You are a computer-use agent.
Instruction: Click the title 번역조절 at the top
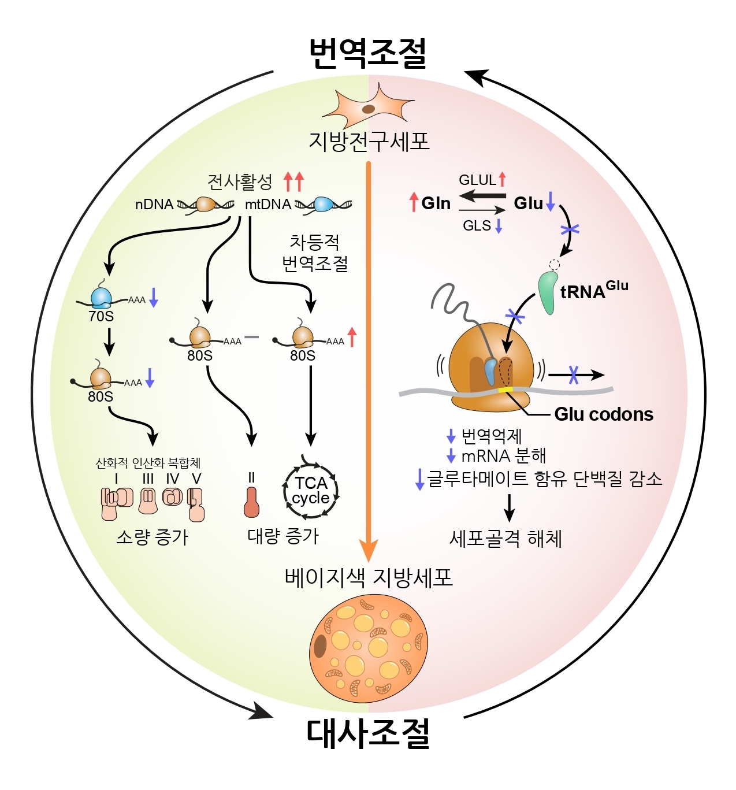(368, 53)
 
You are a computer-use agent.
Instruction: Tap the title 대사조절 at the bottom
(368, 733)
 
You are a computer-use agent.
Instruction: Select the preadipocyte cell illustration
(369, 107)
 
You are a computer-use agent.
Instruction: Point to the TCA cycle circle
(311, 490)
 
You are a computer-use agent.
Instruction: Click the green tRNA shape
(547, 293)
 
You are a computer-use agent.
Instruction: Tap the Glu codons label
(603, 414)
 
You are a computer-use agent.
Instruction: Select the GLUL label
(477, 180)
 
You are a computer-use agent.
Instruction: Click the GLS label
(477, 226)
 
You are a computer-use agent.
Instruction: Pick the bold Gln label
(436, 203)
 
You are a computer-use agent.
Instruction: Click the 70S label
(101, 317)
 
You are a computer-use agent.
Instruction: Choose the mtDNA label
(268, 205)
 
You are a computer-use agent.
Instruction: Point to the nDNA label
(154, 205)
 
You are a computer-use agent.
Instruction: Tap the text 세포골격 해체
(505, 539)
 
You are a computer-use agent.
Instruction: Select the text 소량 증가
(153, 537)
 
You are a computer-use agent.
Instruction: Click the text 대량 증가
(283, 536)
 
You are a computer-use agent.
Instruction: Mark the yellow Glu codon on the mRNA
(505, 390)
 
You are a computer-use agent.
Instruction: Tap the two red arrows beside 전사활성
(293, 181)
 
